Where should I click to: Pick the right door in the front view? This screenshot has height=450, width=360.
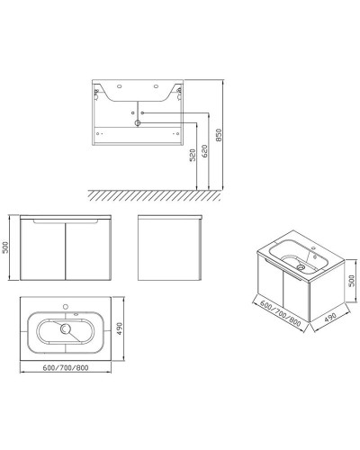pos(85,250)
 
